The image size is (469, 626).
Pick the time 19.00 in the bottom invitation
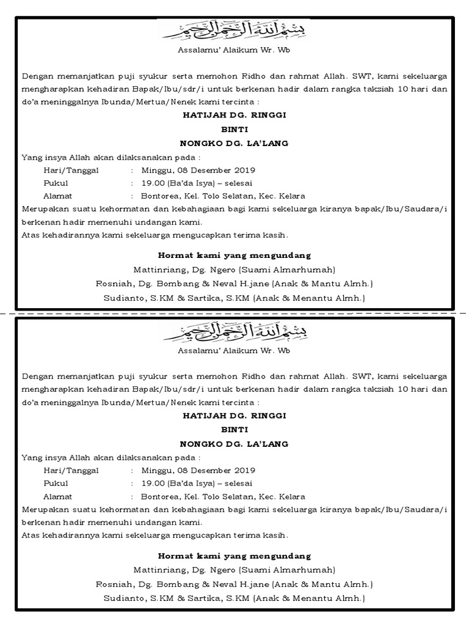tap(153, 484)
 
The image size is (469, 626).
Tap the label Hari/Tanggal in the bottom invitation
tap(71, 471)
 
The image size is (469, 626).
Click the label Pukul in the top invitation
tap(56, 183)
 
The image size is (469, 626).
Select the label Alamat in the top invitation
tap(58, 196)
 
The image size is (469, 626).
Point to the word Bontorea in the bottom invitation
tap(159, 496)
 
